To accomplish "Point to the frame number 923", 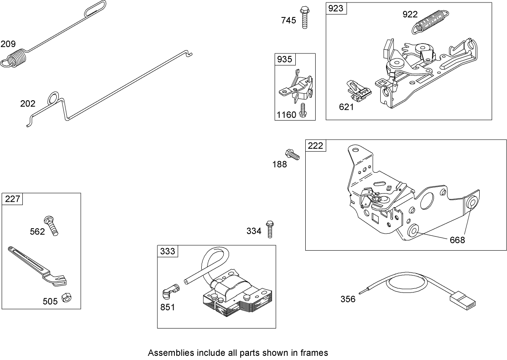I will pyautogui.click(x=336, y=8).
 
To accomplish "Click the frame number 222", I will pyautogui.click(x=315, y=145).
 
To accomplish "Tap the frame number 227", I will pyautogui.click(x=12, y=199).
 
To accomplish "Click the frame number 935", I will pyautogui.click(x=284, y=59).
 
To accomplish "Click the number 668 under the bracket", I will pyautogui.click(x=457, y=240).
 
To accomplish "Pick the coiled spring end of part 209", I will pyautogui.click(x=15, y=58).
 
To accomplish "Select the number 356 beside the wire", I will pyautogui.click(x=348, y=299).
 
